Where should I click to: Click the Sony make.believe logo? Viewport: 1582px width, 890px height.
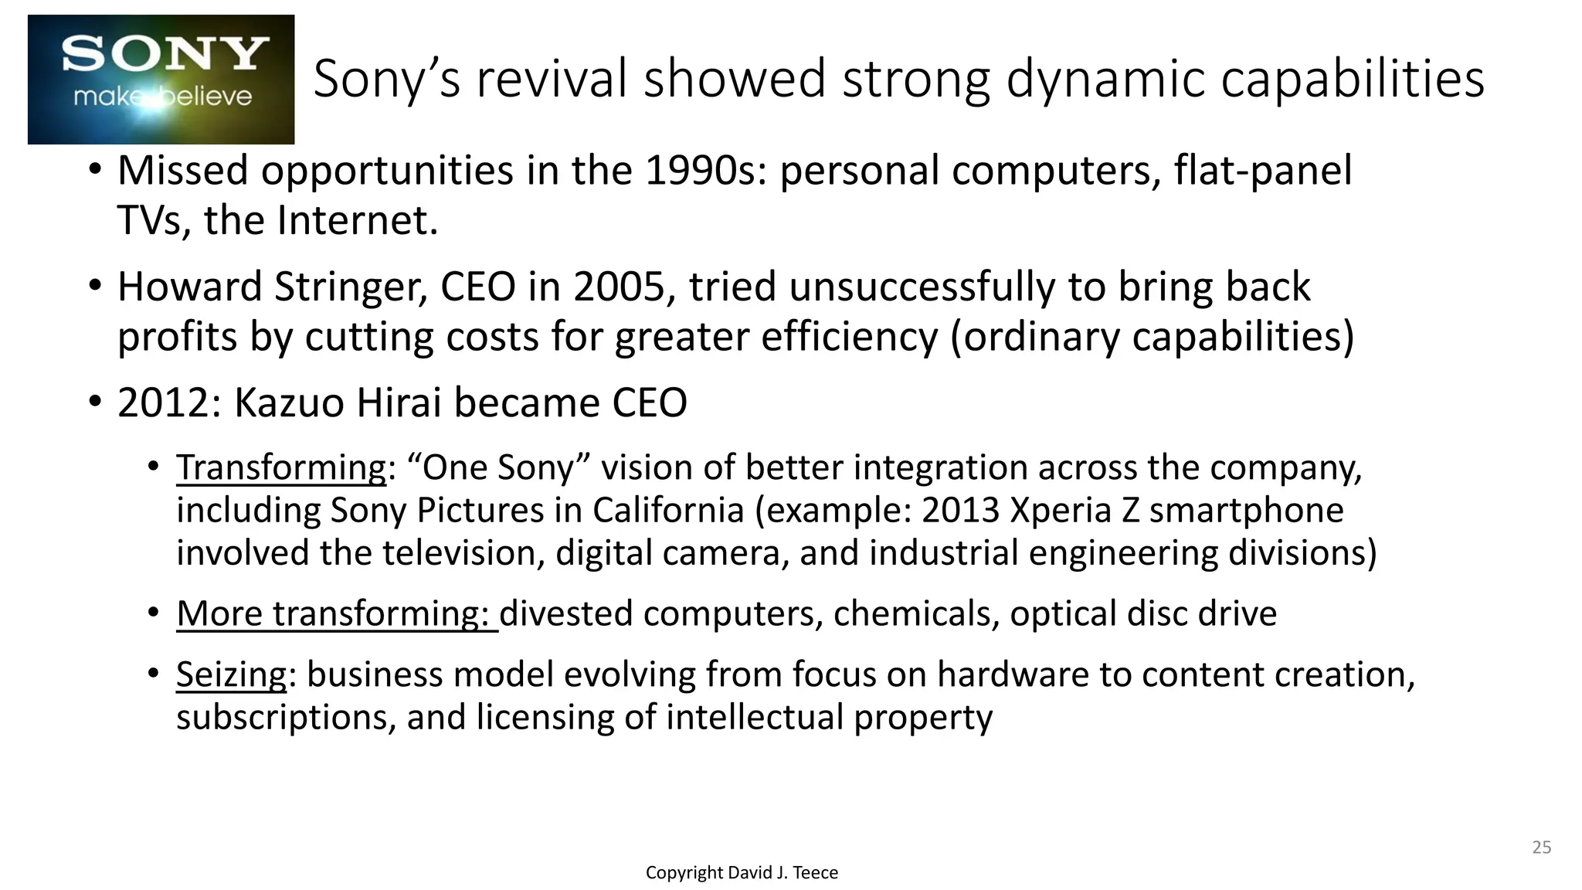[x=161, y=80]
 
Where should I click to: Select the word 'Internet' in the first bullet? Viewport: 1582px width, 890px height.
[x=356, y=221]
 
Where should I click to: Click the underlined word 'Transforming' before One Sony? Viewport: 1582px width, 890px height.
[x=281, y=468]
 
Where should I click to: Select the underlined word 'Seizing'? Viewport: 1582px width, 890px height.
[x=231, y=675]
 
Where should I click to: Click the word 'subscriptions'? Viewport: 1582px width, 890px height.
[x=286, y=718]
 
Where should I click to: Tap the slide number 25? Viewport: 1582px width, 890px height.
[x=1541, y=848]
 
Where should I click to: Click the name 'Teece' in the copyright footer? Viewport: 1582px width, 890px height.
[x=815, y=873]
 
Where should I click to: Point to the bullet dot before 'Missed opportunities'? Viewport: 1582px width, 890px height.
[x=94, y=169]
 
